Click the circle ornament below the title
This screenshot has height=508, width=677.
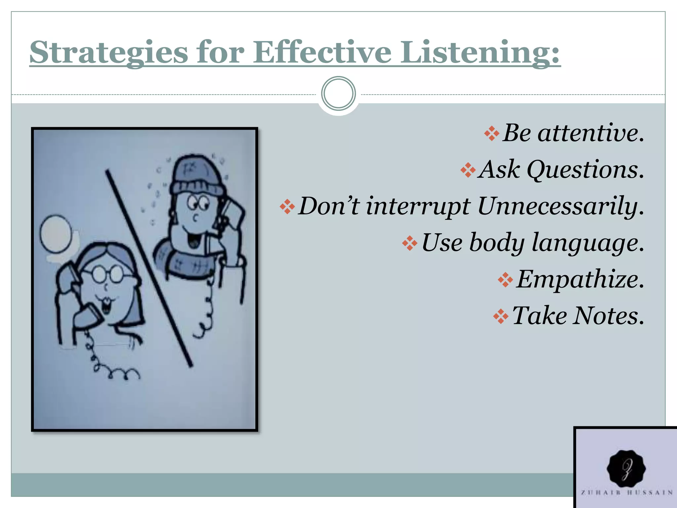tap(338, 93)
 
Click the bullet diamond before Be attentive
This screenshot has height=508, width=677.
tap(492, 134)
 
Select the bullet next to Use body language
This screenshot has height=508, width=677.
tap(410, 243)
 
